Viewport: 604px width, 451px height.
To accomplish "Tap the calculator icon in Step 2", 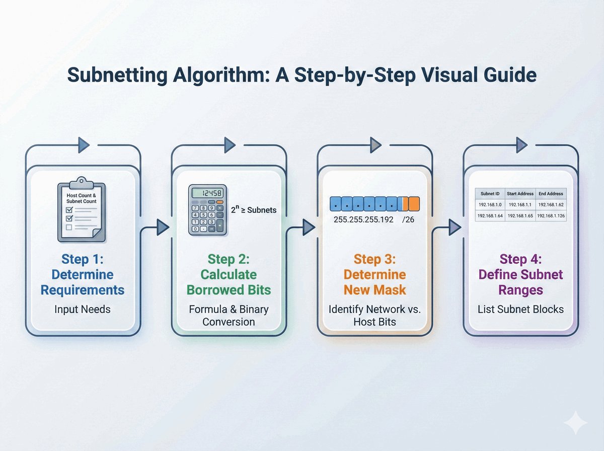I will [207, 209].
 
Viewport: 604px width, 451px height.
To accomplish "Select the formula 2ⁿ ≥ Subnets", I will [253, 209].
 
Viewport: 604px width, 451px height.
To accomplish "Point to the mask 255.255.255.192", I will [364, 220].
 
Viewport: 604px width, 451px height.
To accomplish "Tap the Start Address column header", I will [520, 193].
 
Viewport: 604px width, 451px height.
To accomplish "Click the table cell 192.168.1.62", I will [551, 205].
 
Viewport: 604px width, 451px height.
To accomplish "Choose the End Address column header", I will [551, 193].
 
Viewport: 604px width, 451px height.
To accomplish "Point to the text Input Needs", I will [82, 309].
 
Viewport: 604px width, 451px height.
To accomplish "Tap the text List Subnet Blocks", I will [520, 309].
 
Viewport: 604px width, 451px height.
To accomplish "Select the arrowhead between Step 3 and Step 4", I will [455, 228].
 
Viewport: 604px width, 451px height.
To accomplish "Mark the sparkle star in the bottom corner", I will [575, 422].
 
